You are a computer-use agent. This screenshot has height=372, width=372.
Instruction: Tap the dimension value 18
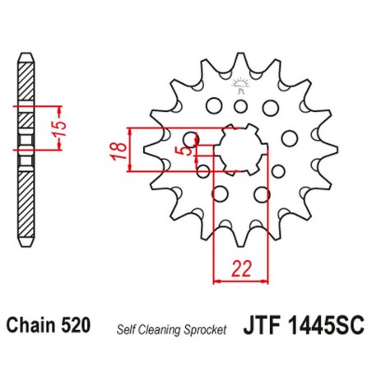119,150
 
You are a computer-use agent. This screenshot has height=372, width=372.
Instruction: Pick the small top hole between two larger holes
242,105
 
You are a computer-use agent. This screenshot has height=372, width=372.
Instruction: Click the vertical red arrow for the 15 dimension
57,129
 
